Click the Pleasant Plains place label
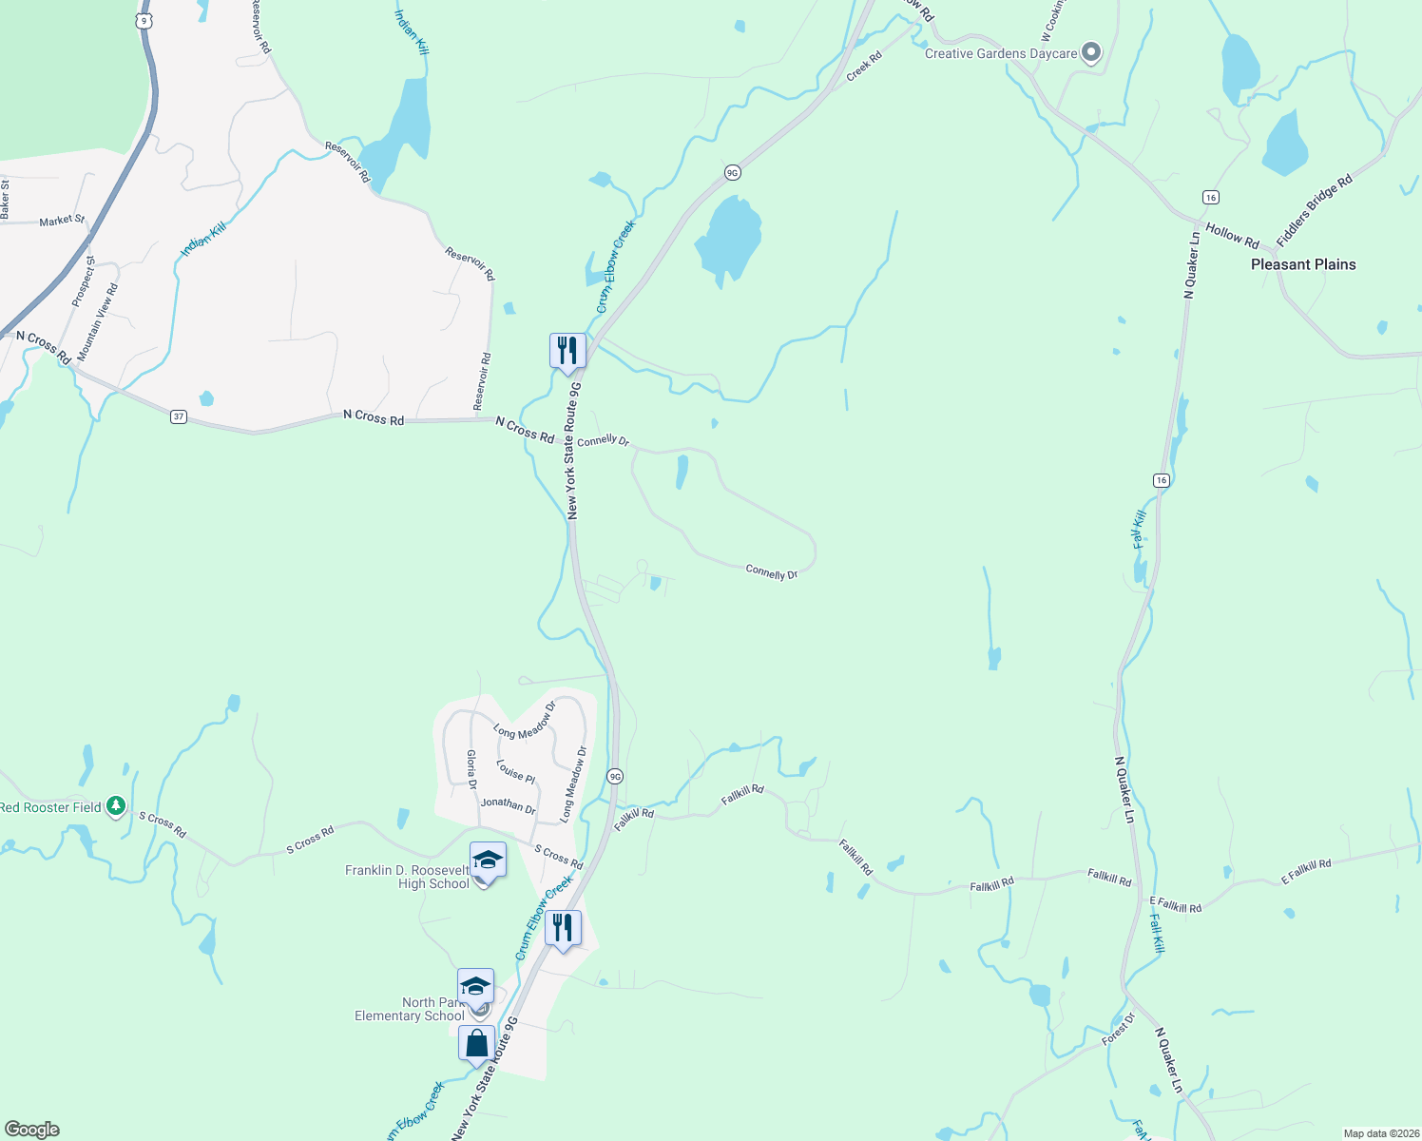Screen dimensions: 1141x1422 (1303, 264)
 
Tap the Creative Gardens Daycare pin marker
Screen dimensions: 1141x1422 (1091, 52)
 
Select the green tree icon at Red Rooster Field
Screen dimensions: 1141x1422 (116, 806)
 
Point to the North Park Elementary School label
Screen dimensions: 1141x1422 (410, 1009)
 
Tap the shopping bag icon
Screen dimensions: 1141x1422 (477, 1043)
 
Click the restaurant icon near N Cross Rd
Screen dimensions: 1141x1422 (567, 350)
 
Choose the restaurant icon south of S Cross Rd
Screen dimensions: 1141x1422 (563, 927)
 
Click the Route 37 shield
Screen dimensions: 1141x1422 (179, 416)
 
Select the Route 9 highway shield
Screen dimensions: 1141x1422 (144, 19)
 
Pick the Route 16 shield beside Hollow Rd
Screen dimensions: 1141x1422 (1210, 197)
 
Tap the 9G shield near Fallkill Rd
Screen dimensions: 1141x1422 (615, 776)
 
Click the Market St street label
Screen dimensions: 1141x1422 (62, 221)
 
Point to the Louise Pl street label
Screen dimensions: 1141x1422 (516, 771)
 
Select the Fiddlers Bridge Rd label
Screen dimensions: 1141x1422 (1315, 212)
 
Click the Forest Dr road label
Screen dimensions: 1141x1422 (1119, 1030)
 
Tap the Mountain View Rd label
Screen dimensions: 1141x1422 (98, 321)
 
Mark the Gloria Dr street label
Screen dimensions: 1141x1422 (471, 769)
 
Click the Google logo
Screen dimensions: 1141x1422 (32, 1130)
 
